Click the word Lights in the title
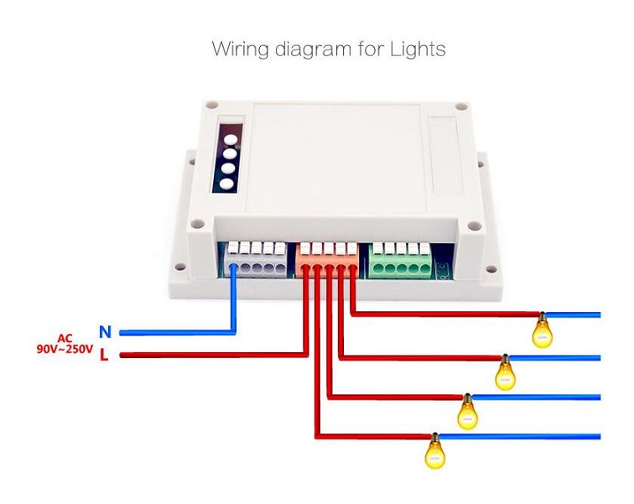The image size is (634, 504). [x=418, y=49]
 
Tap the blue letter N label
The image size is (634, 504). [x=105, y=332]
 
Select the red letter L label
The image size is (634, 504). [x=104, y=355]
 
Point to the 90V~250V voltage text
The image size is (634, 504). [x=65, y=350]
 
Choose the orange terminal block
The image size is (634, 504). [x=328, y=259]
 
